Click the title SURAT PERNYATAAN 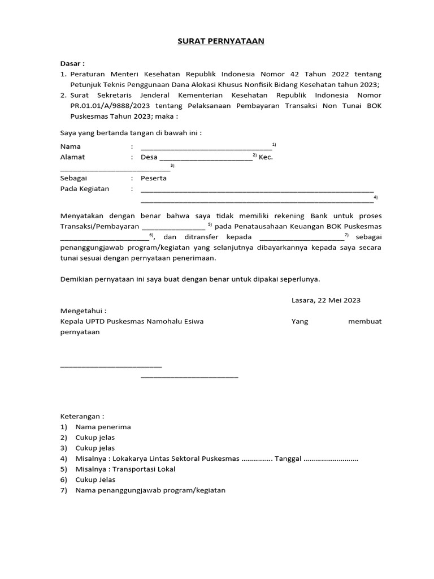click(x=217, y=41)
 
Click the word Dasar click(x=71, y=63)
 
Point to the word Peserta click(x=154, y=178)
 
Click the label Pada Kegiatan click(x=85, y=189)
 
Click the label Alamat click(x=73, y=157)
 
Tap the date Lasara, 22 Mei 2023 click(x=326, y=300)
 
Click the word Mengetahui click(x=83, y=311)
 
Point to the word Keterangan click(x=81, y=416)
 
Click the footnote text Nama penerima click(x=103, y=427)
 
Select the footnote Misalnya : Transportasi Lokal click(x=125, y=469)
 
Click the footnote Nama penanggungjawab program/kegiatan click(x=150, y=490)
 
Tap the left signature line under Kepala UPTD click(x=111, y=366)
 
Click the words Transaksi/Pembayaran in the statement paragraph click(x=99, y=226)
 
